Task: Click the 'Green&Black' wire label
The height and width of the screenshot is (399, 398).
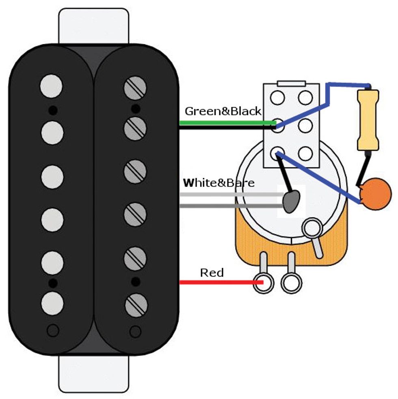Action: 223,111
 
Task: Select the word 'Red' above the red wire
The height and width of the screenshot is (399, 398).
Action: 212,272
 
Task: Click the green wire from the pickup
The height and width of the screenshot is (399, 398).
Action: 227,122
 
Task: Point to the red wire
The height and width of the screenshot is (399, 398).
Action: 219,282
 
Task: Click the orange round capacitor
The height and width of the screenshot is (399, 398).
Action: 376,195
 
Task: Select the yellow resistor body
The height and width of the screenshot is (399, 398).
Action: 368,120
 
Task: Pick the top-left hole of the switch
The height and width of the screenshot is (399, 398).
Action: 278,98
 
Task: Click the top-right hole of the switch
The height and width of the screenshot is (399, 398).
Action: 305,98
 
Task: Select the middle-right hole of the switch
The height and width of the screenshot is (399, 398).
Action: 305,125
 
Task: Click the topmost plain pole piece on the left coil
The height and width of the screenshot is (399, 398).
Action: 52,86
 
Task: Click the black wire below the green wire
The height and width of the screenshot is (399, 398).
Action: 227,128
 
